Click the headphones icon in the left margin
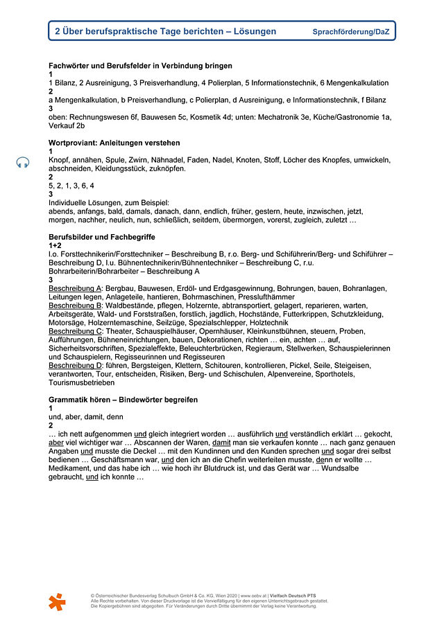[23, 162]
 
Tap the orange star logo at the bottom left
[58, 602]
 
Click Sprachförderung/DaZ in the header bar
[350, 32]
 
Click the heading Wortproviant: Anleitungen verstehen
[114, 143]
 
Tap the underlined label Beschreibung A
[76, 288]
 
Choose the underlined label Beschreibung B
[76, 306]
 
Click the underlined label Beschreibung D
[76, 366]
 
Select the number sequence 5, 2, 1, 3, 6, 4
[71, 186]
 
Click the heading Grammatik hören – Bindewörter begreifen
[123, 400]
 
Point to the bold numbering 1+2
[55, 245]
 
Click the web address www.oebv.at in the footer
[253, 595]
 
